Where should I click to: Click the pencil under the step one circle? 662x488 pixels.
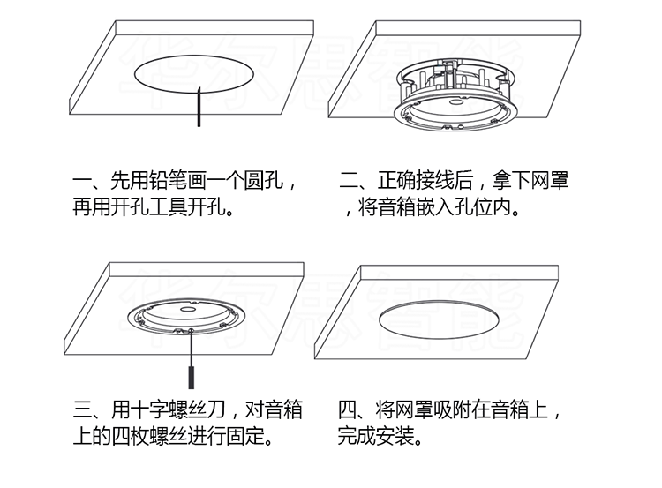point(200,109)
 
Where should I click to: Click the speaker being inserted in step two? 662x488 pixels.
point(452,94)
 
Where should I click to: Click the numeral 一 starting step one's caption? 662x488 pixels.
point(83,184)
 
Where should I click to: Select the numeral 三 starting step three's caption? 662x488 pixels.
point(84,410)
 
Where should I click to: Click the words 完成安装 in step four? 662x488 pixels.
point(380,435)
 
